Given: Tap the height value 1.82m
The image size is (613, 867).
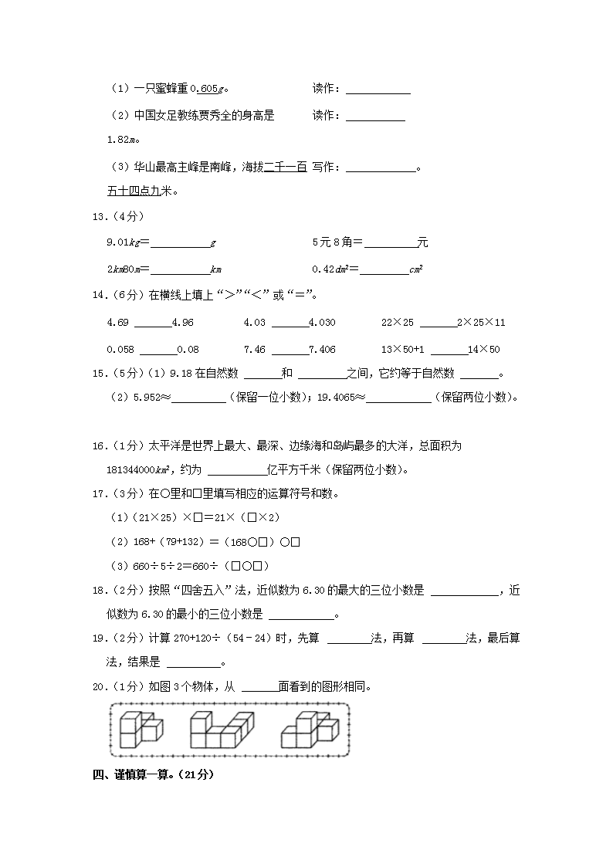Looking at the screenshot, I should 122,140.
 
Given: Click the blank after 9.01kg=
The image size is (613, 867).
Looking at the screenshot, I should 180,243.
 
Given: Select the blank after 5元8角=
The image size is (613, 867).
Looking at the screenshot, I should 390,243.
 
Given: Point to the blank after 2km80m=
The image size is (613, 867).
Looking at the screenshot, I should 180,269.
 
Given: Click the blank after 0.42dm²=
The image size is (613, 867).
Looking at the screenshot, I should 384,269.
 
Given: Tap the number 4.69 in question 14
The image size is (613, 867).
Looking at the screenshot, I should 117,323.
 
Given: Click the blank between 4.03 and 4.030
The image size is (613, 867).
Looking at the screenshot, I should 290,323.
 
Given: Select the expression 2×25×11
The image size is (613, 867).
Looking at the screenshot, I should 481,323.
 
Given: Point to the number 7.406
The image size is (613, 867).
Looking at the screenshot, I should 322,350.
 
